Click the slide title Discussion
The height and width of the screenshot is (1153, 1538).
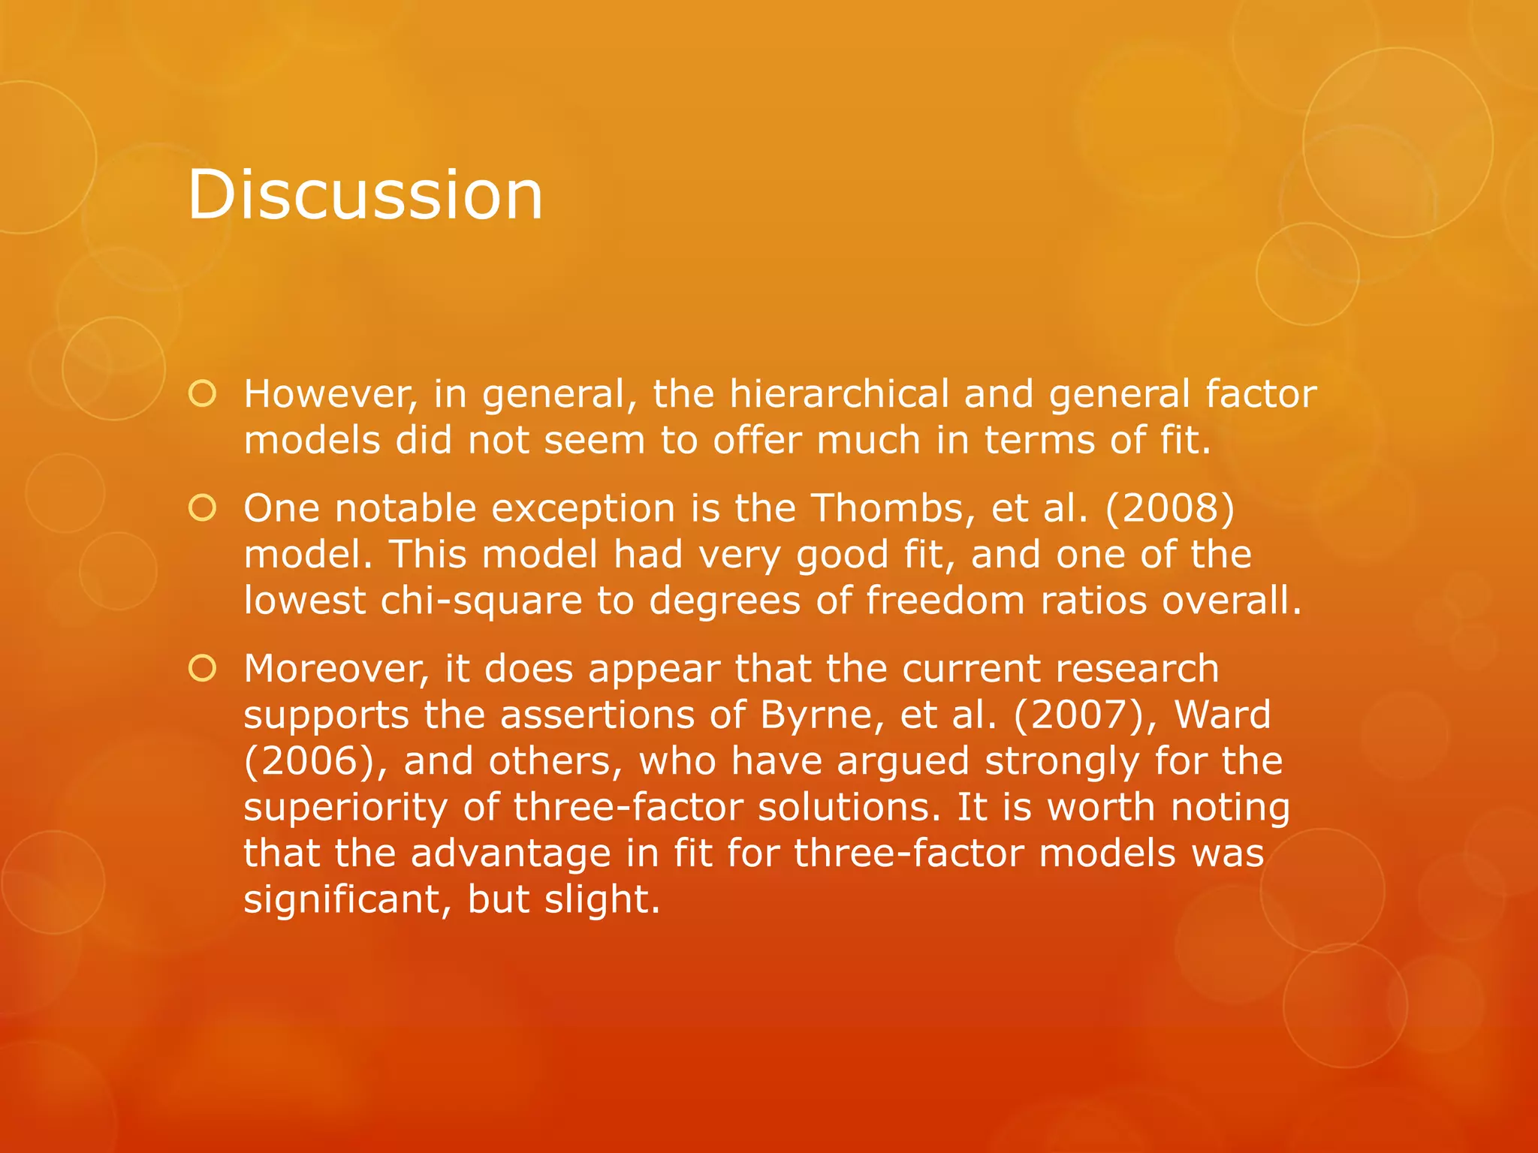pos(365,194)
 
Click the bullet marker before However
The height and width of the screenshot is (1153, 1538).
pos(203,394)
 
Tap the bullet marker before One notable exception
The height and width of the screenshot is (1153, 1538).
pos(203,508)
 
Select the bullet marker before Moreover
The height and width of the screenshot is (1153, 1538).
pos(203,668)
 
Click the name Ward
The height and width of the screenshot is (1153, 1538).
pos(1223,715)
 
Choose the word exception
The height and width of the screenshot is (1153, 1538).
pos(584,510)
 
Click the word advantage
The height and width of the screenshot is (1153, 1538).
pos(511,853)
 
